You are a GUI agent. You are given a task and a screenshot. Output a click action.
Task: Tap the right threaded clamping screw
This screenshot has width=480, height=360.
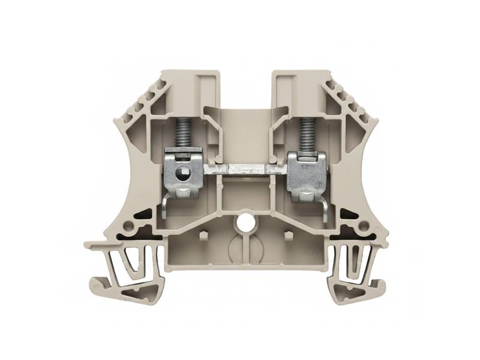click(307, 133)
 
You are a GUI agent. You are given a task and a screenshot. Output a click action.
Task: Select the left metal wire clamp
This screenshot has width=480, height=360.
click(183, 173)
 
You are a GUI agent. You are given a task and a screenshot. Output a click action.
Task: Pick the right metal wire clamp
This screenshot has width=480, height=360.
click(307, 173)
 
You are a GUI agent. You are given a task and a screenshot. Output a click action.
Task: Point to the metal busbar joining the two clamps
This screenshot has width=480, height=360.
click(246, 170)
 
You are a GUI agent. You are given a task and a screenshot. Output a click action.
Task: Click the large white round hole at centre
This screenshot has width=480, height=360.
click(244, 221)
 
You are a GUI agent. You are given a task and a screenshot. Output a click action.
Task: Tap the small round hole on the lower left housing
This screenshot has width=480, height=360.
click(128, 226)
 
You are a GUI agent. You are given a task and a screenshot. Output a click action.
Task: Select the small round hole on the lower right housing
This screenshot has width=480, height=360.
click(363, 226)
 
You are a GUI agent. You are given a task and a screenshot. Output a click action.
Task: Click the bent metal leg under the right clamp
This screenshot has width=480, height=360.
click(323, 207)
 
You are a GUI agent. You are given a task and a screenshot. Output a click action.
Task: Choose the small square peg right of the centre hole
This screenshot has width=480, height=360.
click(287, 233)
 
